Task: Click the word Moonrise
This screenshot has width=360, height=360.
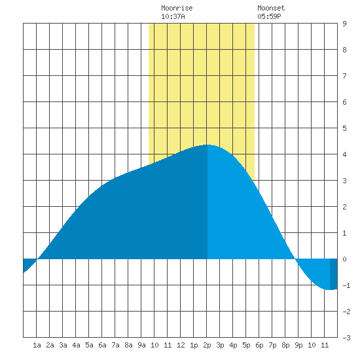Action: point(177,8)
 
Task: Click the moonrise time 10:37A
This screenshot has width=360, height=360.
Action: point(173,16)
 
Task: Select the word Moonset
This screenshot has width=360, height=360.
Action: point(271,8)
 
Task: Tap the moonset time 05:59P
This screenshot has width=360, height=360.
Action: point(269,16)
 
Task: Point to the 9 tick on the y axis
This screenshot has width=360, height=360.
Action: point(344,24)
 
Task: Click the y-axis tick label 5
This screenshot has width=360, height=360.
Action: point(344,128)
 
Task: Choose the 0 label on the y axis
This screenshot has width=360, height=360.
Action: point(344,259)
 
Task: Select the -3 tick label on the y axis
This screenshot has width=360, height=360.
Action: point(346,338)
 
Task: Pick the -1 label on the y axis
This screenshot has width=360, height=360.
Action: point(346,285)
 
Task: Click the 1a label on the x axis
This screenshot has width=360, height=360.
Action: point(37,345)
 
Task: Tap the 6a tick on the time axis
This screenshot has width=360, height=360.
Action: point(102,345)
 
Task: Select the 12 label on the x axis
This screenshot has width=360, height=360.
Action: point(181,345)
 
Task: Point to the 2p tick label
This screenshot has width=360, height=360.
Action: point(207,345)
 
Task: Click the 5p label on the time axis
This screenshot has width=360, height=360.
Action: point(246,345)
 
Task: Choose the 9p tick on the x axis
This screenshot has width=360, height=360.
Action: point(298,345)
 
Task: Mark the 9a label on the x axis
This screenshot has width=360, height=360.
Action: point(141,345)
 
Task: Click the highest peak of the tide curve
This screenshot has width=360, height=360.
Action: point(207,145)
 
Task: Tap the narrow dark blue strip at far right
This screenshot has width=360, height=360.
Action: point(334,274)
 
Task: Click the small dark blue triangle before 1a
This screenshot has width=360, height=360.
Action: point(27,264)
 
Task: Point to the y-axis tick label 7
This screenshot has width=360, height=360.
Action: point(344,76)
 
